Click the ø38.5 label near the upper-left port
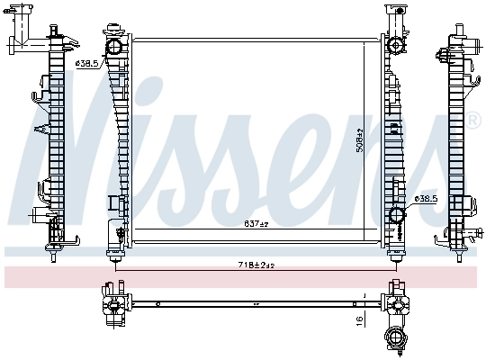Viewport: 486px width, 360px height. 86,64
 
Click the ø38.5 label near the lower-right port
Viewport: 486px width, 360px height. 425,198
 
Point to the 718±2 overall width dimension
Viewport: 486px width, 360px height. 256,264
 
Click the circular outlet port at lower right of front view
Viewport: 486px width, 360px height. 396,215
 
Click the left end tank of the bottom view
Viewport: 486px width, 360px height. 112,306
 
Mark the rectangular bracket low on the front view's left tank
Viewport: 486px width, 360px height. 113,202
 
